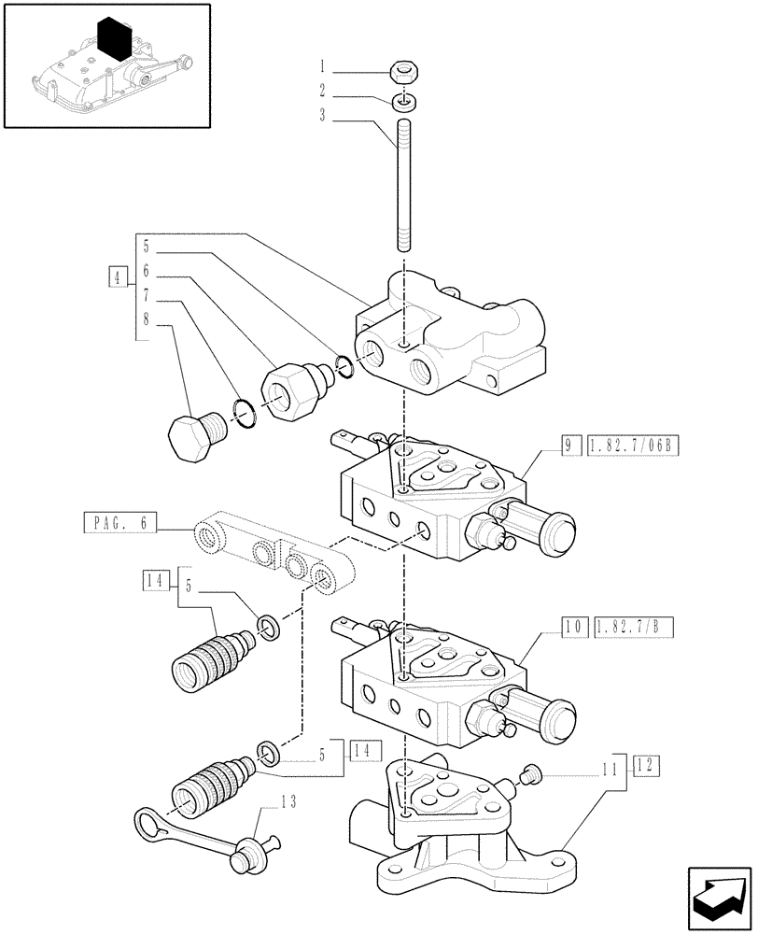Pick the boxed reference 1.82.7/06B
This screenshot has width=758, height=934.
631,446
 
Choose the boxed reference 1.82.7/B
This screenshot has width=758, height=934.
631,626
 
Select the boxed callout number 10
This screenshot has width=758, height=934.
571,626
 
